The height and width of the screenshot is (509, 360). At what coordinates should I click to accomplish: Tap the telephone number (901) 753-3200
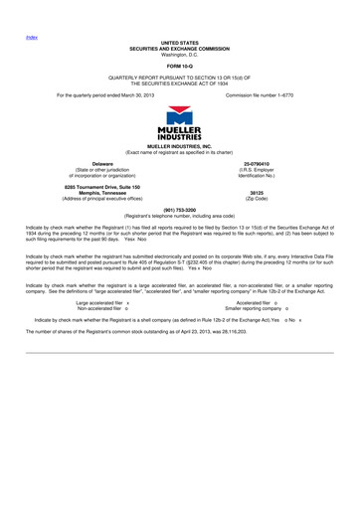pyautogui.click(x=180, y=210)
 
